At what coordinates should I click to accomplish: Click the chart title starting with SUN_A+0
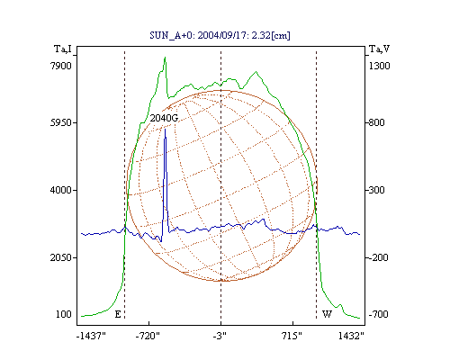[220, 35]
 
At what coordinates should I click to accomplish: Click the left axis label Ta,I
[63, 49]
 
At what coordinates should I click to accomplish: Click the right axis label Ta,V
[379, 49]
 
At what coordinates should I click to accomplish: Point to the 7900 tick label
[61, 66]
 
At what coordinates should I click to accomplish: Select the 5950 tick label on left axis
[61, 122]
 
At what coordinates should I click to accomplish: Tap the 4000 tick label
[61, 190]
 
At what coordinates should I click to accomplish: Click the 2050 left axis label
[61, 257]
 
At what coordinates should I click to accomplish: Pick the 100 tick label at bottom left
[64, 314]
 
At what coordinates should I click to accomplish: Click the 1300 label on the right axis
[379, 66]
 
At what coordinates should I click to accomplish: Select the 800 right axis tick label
[376, 122]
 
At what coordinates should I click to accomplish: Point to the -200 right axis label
[378, 257]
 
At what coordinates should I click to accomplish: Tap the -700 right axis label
[378, 314]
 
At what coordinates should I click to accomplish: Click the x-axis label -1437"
[91, 336]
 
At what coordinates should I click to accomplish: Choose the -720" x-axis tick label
[148, 336]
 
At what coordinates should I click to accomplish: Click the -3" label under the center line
[220, 336]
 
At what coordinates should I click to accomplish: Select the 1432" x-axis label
[351, 336]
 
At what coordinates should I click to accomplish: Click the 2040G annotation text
[164, 118]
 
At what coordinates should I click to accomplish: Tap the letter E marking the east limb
[118, 314]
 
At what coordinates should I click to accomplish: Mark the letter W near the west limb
[327, 314]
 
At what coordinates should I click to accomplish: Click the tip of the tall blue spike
[165, 129]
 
